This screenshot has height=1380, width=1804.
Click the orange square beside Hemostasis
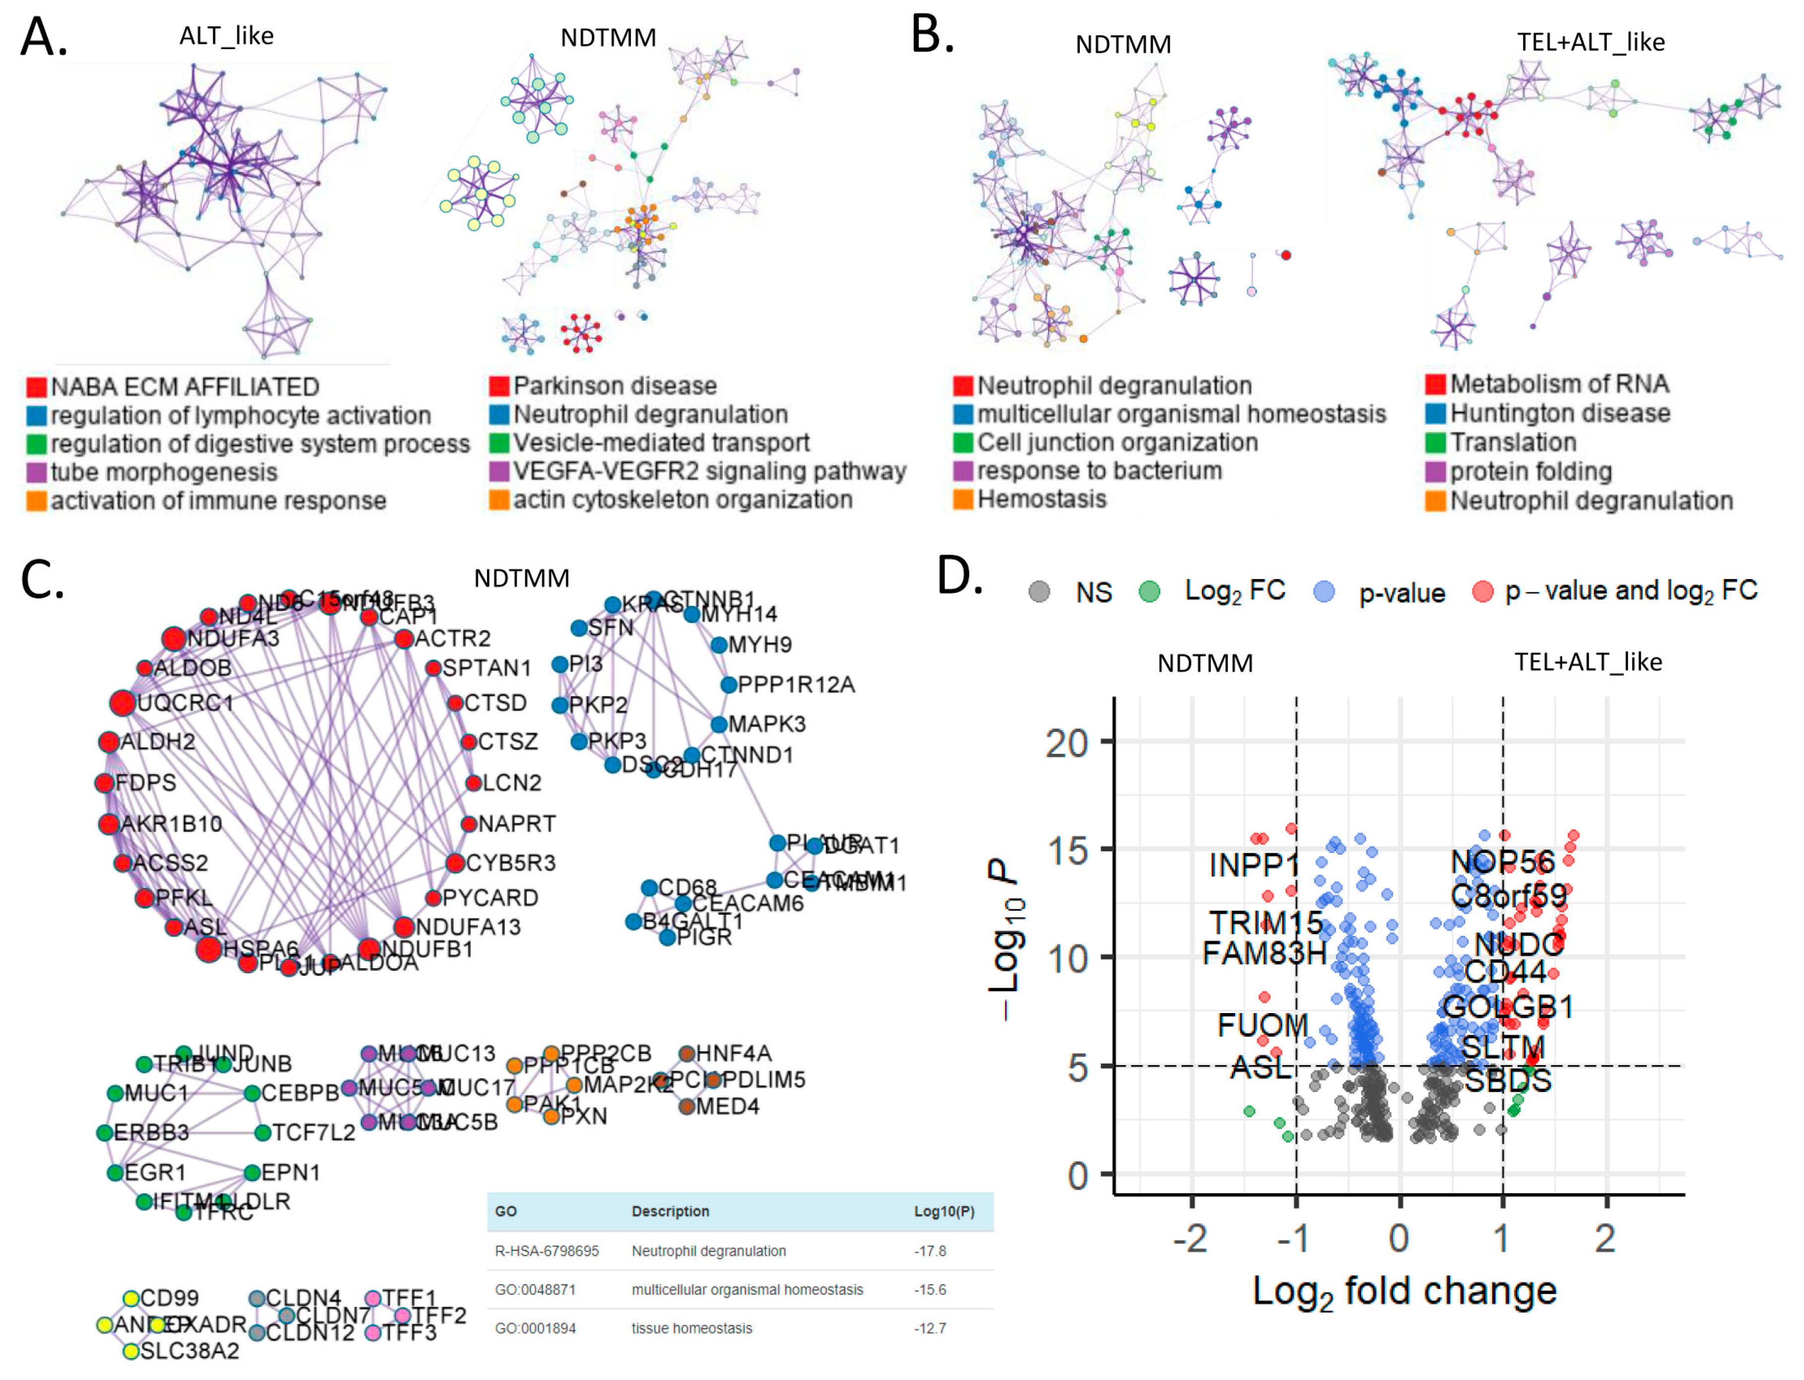pos(963,500)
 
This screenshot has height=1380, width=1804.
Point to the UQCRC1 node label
pos(186,703)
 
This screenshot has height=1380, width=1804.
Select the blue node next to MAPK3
pos(718,724)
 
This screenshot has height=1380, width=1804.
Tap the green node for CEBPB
pos(252,1093)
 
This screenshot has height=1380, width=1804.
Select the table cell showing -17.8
pos(929,1251)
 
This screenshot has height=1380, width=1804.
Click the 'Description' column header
pos(670,1212)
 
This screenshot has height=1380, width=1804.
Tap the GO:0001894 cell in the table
pos(535,1328)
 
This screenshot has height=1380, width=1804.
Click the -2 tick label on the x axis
pos(1190,1238)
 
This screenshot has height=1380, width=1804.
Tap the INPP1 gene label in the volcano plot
pos(1254,864)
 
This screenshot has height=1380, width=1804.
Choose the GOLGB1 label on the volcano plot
pos(1508,1006)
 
